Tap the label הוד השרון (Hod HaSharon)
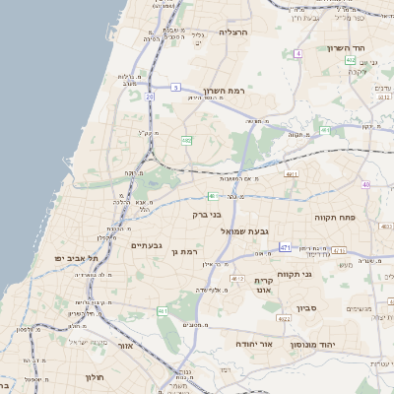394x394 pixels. point(347,47)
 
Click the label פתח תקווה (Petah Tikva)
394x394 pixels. point(335,216)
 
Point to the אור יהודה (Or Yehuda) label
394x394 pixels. point(253,344)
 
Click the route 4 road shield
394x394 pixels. point(298,53)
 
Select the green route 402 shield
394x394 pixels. point(350,61)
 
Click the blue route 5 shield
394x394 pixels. point(174,88)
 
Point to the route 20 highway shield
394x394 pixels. point(150,97)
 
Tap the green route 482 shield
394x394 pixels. point(186,141)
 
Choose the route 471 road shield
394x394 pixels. point(285,246)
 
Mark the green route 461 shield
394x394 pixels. point(163,311)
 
